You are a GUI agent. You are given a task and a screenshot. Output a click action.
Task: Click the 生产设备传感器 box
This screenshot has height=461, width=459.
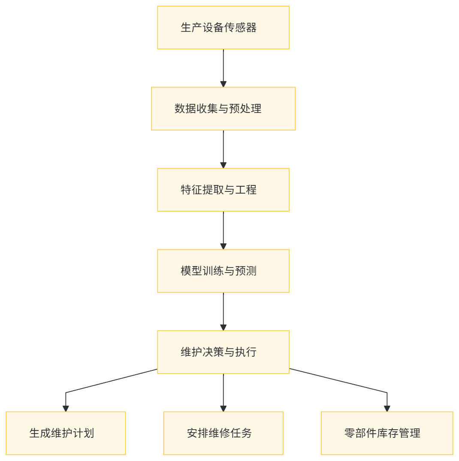coord(223,27)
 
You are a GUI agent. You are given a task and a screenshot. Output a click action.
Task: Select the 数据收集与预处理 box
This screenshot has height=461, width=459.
coord(223,109)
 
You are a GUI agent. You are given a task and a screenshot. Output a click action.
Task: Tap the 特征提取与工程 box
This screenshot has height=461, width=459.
coord(223,190)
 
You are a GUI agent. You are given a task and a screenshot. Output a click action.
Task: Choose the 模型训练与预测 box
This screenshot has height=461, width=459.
coord(223,271)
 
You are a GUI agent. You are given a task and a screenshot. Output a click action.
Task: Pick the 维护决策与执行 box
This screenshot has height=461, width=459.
coord(223,352)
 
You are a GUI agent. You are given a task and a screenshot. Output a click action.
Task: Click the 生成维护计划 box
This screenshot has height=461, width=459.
coord(66,433)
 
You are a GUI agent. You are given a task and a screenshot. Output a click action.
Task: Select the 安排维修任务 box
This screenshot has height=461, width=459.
coord(223,433)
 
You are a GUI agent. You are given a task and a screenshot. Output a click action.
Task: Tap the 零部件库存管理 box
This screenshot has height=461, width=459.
coord(387,433)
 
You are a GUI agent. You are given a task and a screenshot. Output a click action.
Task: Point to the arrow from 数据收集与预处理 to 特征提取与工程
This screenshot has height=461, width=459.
coord(223,149)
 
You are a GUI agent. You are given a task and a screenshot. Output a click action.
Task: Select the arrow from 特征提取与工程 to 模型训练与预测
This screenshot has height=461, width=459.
coord(223,230)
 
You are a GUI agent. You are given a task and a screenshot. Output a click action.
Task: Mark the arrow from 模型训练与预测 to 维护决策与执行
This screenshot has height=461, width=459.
coord(223,311)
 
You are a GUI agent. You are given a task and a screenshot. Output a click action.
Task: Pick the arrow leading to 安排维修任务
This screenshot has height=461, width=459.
coord(223,392)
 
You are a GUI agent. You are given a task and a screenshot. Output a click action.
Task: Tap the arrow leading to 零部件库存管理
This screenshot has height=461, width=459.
coord(343,382)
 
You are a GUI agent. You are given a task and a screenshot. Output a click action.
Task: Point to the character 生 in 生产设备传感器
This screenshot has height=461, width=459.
coord(186,28)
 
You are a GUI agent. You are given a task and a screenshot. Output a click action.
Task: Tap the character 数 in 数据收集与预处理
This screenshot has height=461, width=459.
coord(179,109)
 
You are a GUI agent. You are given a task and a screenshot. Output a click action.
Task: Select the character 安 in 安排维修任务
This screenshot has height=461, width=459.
coord(192,433)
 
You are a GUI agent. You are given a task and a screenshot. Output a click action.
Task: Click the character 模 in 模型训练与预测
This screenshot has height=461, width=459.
coord(186,271)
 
